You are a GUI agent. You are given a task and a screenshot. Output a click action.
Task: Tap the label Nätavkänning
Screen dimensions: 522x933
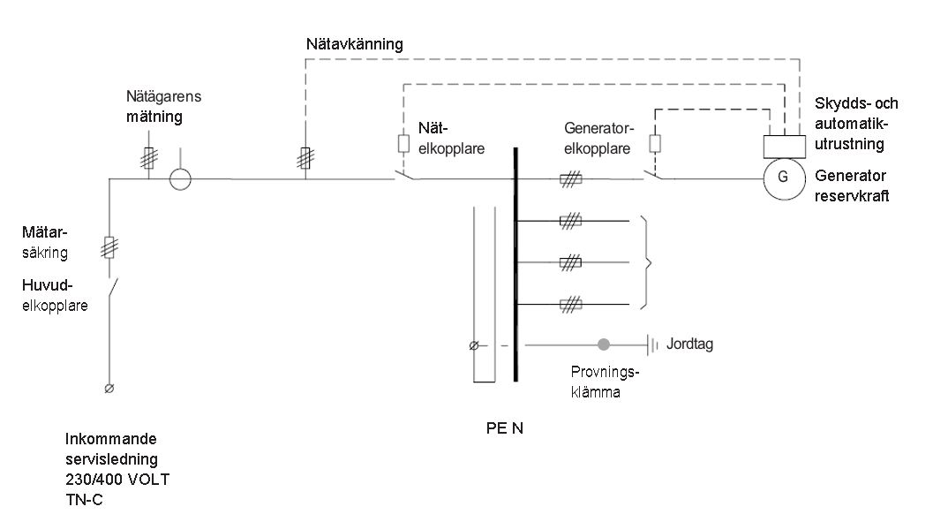pyautogui.click(x=354, y=43)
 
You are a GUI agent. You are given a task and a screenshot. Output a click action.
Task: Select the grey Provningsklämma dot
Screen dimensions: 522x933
pyautogui.click(x=604, y=344)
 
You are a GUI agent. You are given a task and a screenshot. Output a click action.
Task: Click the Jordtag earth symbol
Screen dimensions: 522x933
pyautogui.click(x=653, y=344)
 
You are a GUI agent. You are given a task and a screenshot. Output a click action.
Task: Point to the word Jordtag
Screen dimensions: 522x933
pyautogui.click(x=691, y=344)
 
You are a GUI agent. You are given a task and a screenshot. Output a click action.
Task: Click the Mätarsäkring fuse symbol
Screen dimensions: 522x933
pyautogui.click(x=110, y=247)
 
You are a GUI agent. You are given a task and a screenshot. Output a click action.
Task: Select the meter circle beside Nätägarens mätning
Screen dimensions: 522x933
pyautogui.click(x=180, y=178)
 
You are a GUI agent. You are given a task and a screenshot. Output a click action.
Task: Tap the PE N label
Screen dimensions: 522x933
pyautogui.click(x=504, y=430)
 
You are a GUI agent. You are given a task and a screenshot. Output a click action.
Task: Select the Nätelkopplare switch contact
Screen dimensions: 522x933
pyautogui.click(x=406, y=175)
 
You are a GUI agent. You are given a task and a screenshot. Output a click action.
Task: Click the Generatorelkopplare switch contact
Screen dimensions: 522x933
pyautogui.click(x=654, y=175)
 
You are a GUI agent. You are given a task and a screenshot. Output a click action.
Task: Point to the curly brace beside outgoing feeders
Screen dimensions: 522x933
pyautogui.click(x=650, y=261)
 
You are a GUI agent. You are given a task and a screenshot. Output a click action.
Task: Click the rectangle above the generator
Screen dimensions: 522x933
pyautogui.click(x=782, y=145)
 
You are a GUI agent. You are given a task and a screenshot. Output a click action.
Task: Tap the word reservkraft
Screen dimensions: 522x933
pyautogui.click(x=853, y=196)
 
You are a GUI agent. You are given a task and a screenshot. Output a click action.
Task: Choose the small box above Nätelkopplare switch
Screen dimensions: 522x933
pyautogui.click(x=404, y=143)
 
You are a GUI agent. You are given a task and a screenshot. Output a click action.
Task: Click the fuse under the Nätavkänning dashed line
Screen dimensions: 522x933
pyautogui.click(x=305, y=159)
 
